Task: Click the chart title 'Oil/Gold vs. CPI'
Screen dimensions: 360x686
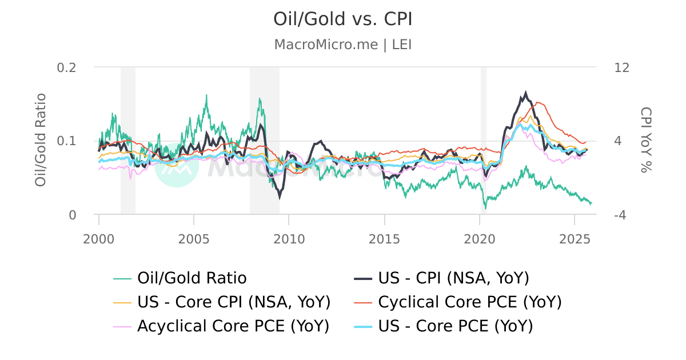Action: click(x=343, y=19)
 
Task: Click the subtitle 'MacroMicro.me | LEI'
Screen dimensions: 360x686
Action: click(x=343, y=45)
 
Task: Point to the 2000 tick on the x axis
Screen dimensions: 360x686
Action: click(x=99, y=236)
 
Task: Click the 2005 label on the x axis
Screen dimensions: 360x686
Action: click(x=194, y=236)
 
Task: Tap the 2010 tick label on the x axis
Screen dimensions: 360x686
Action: click(x=289, y=236)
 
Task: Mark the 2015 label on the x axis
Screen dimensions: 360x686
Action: click(x=384, y=236)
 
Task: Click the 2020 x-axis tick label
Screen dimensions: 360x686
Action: click(x=479, y=236)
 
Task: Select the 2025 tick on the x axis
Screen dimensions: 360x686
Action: click(x=574, y=236)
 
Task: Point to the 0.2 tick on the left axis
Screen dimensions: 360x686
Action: click(x=67, y=67)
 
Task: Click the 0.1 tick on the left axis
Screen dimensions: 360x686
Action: click(x=67, y=141)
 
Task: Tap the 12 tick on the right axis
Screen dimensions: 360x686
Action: click(x=621, y=67)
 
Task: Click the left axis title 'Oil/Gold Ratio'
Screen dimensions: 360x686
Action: click(x=41, y=141)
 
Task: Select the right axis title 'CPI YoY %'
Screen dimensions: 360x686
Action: click(x=645, y=140)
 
